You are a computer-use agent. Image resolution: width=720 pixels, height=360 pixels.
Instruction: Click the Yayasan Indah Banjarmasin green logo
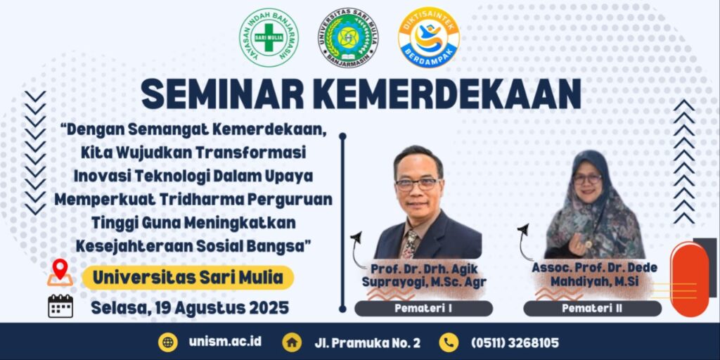269,38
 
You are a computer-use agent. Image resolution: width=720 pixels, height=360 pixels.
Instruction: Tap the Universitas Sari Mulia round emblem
349,38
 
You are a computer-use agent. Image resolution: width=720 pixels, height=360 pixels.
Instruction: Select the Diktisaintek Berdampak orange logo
429,38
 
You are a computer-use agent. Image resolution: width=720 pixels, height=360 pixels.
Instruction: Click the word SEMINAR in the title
222,95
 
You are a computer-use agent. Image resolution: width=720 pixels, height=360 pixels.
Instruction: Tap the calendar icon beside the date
60,306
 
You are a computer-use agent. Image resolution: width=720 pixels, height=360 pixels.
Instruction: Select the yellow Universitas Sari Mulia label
188,277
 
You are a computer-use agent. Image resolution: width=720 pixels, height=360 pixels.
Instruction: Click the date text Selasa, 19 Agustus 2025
190,307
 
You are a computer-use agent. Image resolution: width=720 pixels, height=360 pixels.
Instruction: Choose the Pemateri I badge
423,309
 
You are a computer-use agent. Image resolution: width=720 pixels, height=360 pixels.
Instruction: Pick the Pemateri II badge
592,309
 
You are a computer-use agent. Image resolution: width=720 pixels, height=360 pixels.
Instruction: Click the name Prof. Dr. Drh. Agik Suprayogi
424,275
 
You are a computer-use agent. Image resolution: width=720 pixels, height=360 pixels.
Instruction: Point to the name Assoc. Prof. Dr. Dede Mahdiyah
595,275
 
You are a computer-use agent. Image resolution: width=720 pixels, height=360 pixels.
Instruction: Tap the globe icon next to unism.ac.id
168,342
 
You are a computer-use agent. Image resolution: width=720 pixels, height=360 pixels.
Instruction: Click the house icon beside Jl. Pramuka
292,342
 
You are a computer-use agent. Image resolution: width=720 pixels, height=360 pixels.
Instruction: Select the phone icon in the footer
449,342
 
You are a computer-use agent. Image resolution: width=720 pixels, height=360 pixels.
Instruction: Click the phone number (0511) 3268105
515,343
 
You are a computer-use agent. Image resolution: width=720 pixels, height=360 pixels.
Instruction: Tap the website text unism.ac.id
225,342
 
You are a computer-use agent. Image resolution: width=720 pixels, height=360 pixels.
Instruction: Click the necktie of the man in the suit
410,244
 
